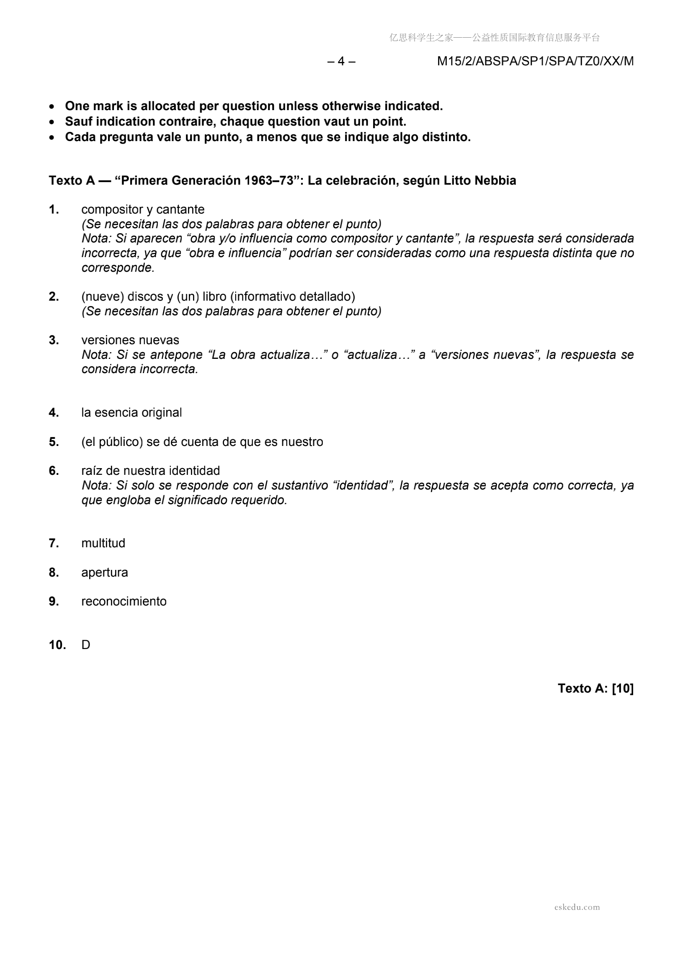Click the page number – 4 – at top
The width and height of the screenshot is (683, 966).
(x=341, y=62)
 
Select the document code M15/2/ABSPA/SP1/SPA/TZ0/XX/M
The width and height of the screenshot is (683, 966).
(x=535, y=62)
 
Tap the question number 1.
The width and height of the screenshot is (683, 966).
(x=54, y=209)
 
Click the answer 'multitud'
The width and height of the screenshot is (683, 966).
(x=103, y=543)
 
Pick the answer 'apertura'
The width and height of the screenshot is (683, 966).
(x=104, y=572)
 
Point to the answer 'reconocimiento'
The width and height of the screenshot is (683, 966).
(x=124, y=601)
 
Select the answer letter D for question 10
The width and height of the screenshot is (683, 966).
(x=86, y=644)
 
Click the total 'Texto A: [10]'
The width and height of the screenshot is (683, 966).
(x=595, y=688)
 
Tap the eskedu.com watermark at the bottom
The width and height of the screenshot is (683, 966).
(x=577, y=907)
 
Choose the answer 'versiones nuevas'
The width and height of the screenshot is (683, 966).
(x=130, y=340)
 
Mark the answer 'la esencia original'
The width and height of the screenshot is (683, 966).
(x=131, y=412)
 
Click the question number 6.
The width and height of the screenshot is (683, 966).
(x=54, y=470)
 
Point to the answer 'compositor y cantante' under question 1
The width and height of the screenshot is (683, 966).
(x=143, y=209)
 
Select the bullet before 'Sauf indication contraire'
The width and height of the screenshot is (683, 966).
(x=52, y=122)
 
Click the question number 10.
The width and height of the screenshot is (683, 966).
(x=57, y=644)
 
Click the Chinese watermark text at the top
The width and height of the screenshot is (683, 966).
(x=494, y=38)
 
